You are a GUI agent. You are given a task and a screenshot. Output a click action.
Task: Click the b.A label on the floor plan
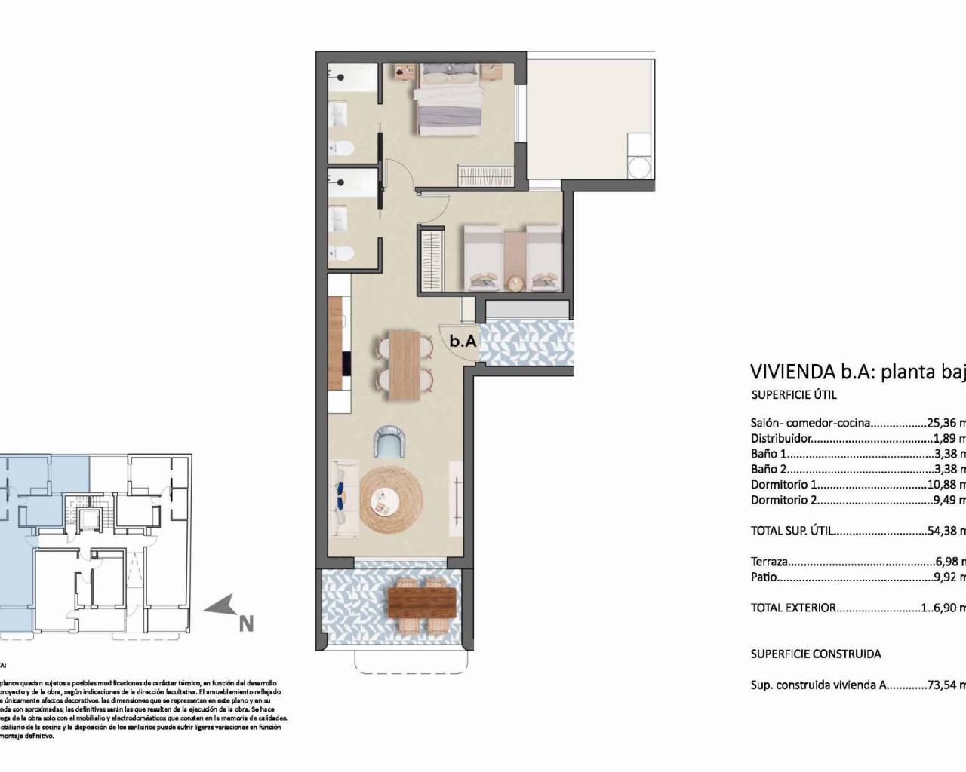coord(463,341)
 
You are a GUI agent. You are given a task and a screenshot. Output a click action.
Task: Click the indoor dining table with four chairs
coord(404,365)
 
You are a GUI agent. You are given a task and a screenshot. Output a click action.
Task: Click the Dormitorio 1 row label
coord(783,485)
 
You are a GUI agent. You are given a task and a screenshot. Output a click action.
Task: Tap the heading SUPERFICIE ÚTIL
coord(793,394)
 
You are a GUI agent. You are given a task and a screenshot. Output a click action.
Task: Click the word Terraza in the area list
coord(770,562)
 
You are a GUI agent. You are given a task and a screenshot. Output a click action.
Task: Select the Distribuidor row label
coord(781,438)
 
